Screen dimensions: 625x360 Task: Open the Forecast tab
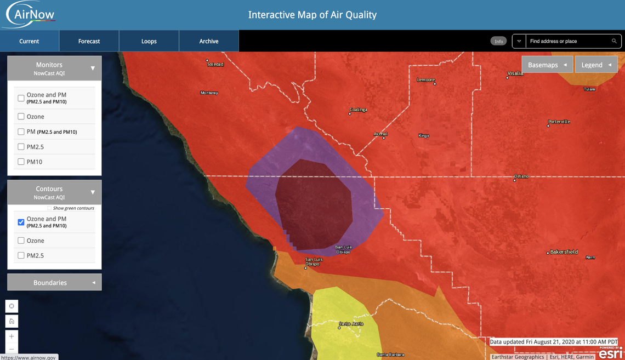(x=89, y=41)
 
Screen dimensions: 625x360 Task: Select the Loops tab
(x=149, y=41)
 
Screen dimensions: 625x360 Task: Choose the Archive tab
(x=209, y=41)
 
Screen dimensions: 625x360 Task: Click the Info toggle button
(x=498, y=41)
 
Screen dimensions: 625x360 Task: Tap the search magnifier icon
(x=615, y=41)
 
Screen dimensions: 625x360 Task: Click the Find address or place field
(x=567, y=41)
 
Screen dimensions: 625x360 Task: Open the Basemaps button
(x=547, y=65)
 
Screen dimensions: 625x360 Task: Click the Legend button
(x=595, y=65)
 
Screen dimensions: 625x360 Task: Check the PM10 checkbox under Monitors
(x=21, y=162)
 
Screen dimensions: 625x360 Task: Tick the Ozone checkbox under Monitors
(x=21, y=116)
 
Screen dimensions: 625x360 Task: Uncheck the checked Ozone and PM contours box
(x=21, y=222)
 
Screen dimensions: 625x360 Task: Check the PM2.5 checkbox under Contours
(x=21, y=255)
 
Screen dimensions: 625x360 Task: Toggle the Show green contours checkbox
(x=49, y=208)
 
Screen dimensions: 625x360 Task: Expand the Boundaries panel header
(x=54, y=283)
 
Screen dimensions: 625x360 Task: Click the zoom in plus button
(x=12, y=336)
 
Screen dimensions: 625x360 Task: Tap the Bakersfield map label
(x=565, y=252)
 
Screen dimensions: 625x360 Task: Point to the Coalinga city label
(x=359, y=110)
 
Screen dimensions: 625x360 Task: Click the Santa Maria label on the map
(x=351, y=323)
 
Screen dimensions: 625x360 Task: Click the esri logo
(x=610, y=354)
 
